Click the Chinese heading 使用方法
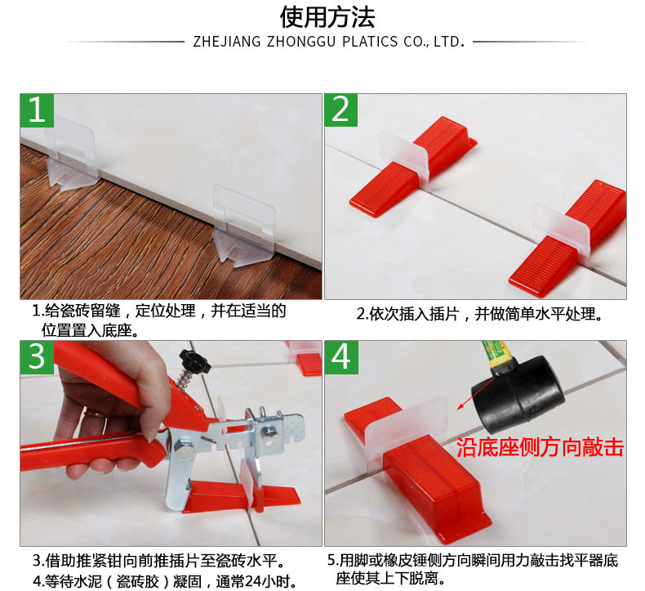coord(327,17)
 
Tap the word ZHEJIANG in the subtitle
coord(227,42)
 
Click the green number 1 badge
coord(37,110)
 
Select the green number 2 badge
coord(341,110)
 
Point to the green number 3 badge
coord(37,357)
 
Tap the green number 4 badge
coord(341,357)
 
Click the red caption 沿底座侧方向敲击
coord(540,447)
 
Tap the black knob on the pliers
coord(194,361)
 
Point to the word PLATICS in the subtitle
coord(370,42)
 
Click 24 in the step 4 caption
coord(251,581)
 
